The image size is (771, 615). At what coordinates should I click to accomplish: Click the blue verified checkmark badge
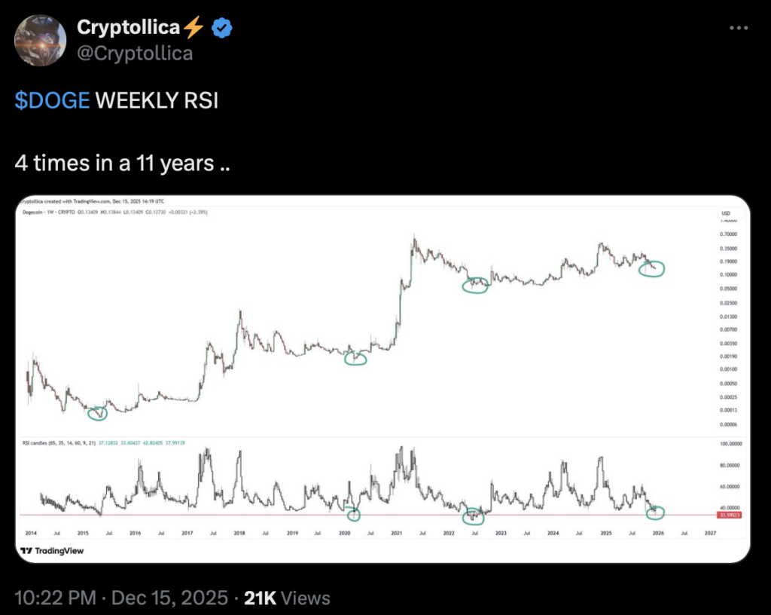tap(221, 28)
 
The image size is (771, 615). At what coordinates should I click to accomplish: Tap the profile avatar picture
tap(41, 40)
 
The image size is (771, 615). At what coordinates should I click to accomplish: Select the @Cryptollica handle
tap(135, 53)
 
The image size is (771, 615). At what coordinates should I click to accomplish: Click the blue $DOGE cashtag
tap(52, 100)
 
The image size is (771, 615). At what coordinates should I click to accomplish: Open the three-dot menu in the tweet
tap(739, 28)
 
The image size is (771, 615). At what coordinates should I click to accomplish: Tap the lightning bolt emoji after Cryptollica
tap(194, 28)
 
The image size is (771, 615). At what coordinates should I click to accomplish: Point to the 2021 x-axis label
tap(397, 533)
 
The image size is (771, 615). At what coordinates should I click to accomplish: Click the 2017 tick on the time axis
tap(187, 533)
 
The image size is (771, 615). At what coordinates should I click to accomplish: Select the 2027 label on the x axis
tap(709, 533)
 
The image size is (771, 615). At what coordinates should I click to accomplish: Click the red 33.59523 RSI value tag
tap(730, 516)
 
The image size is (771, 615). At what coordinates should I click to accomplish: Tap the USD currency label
tap(725, 213)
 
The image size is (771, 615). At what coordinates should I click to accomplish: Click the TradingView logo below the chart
tap(52, 551)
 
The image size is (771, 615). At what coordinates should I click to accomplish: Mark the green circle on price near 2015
tap(98, 412)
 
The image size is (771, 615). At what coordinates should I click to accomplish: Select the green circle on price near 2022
tap(475, 285)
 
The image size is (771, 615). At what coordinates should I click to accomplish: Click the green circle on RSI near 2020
tap(353, 515)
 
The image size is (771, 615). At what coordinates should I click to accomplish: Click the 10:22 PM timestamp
tap(56, 598)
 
